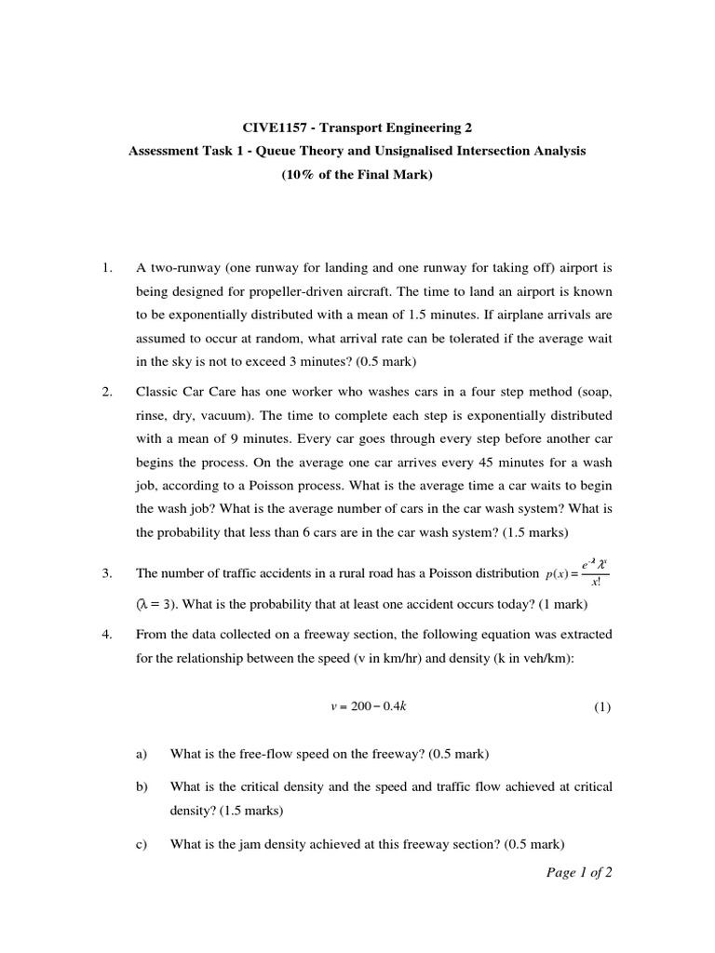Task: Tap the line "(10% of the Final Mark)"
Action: click(357, 175)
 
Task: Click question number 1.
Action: click(107, 268)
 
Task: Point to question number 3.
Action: click(107, 573)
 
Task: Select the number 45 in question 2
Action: click(412, 462)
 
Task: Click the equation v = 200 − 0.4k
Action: click(368, 706)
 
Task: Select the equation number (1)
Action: click(602, 706)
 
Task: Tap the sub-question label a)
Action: click(142, 753)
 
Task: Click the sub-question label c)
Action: click(142, 844)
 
